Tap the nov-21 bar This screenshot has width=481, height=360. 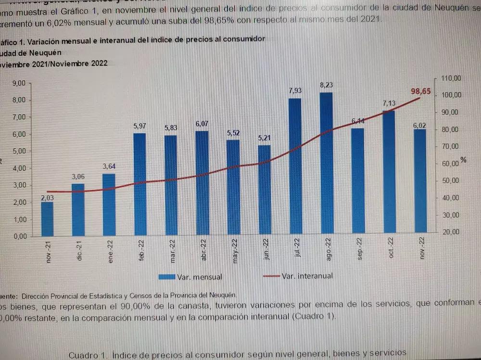47,219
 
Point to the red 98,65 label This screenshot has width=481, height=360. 421,91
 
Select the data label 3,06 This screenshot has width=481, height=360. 78,177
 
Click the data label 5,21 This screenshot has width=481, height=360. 264,138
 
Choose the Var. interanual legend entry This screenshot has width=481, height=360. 298,276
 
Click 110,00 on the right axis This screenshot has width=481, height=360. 451,78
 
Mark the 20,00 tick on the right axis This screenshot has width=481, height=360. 451,231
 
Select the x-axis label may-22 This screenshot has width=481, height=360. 235,251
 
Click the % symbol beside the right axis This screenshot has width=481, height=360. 463,160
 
